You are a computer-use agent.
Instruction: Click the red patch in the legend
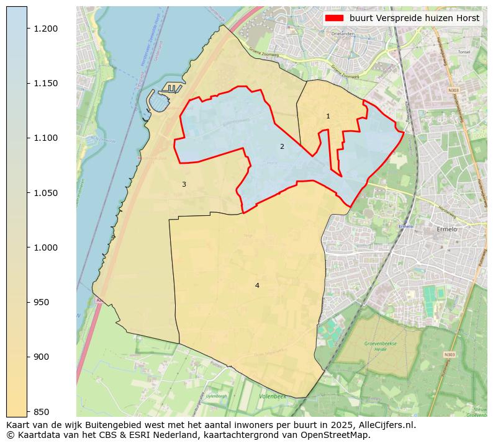click(x=335, y=18)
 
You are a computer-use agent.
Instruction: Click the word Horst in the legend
click(x=467, y=18)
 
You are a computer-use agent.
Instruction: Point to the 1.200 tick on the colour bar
click(x=27, y=29)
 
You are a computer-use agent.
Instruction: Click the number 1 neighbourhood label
click(x=328, y=116)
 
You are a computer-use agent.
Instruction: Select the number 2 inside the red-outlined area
click(x=282, y=146)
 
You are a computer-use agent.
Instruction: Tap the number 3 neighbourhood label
click(x=184, y=184)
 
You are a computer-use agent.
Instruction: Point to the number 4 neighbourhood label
click(x=257, y=285)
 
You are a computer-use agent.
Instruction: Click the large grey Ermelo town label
click(x=446, y=230)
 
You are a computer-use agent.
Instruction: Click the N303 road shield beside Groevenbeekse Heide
click(x=449, y=355)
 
